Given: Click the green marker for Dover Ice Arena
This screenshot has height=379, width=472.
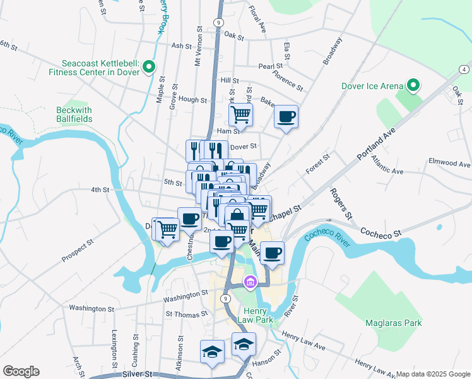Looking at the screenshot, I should click(x=413, y=85).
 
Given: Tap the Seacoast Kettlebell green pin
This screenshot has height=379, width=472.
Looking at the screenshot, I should click(x=149, y=66).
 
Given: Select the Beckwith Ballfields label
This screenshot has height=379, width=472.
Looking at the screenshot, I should click(x=74, y=114).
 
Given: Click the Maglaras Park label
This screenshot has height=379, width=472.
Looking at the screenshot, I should click(x=392, y=323).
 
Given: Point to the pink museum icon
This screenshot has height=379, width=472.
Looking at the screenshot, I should click(x=251, y=281).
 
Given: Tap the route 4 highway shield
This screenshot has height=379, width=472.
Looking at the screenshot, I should click(x=464, y=69).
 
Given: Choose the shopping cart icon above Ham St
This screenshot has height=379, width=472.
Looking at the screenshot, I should click(x=240, y=114).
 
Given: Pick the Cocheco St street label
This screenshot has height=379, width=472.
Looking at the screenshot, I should click(x=381, y=233).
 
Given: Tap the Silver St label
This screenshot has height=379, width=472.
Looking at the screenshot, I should click(x=138, y=374).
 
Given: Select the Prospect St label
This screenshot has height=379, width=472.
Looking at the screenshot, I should click(x=78, y=250).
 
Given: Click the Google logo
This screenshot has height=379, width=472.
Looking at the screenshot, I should click(x=21, y=371).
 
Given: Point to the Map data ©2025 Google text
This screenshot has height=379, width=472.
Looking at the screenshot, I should click(x=432, y=374).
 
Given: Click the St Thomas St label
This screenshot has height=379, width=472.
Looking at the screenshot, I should click(x=186, y=314).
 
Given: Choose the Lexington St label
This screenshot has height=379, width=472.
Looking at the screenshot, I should click(x=115, y=348).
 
